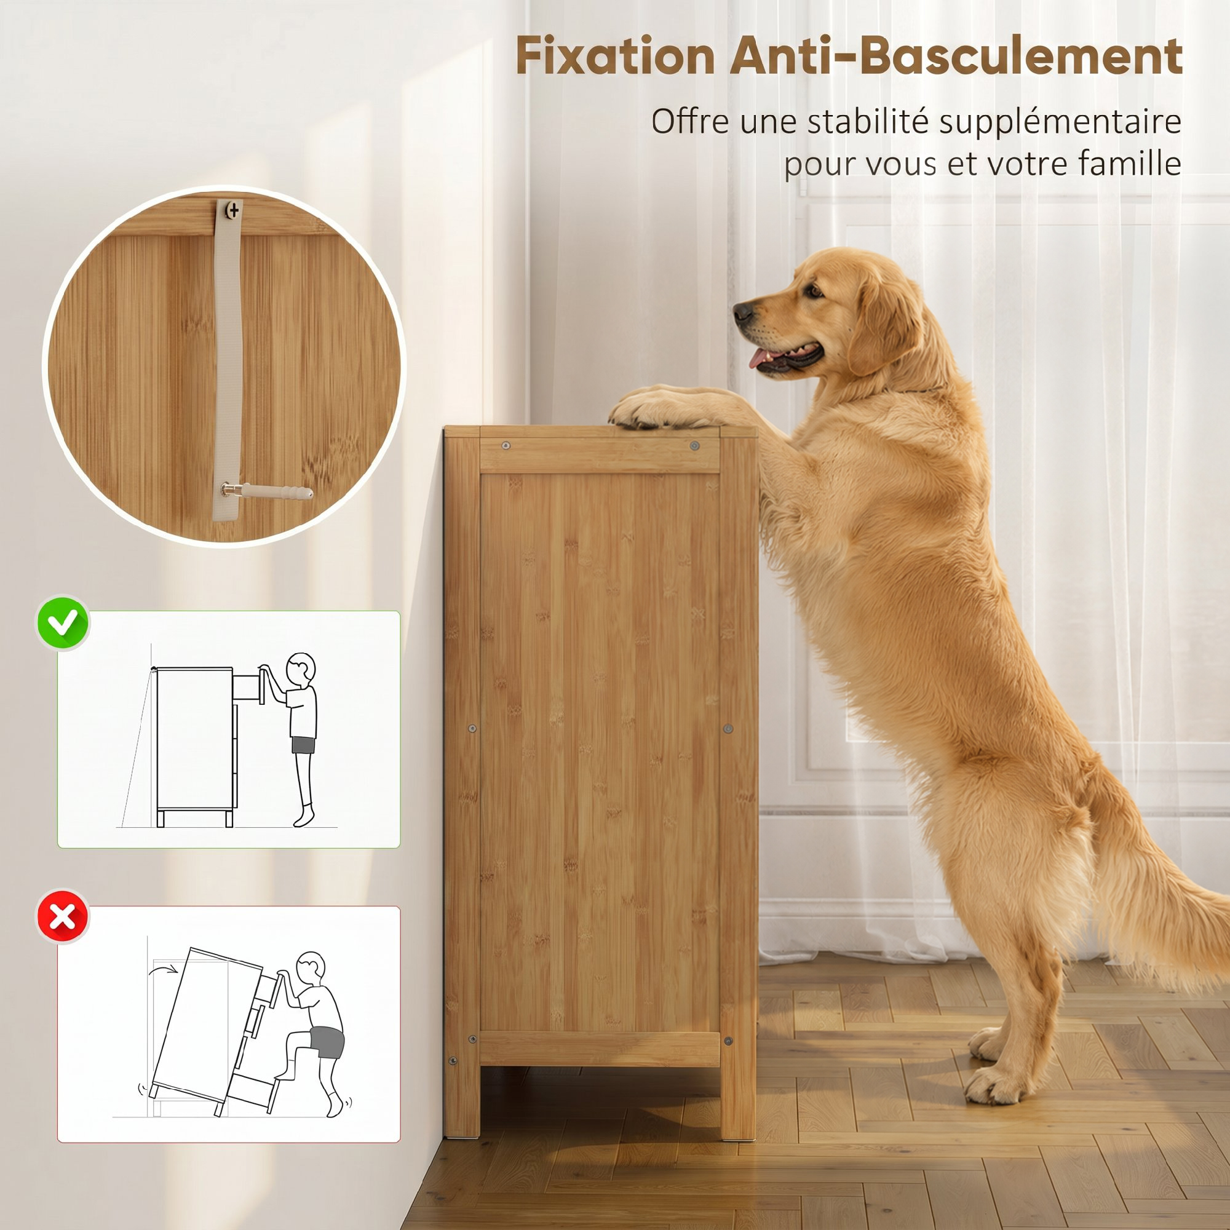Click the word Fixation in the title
tap(616, 55)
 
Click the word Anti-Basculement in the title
tap(956, 55)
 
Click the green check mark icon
tap(63, 622)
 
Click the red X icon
tap(63, 917)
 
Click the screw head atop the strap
tap(234, 210)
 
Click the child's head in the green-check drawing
tap(301, 670)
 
